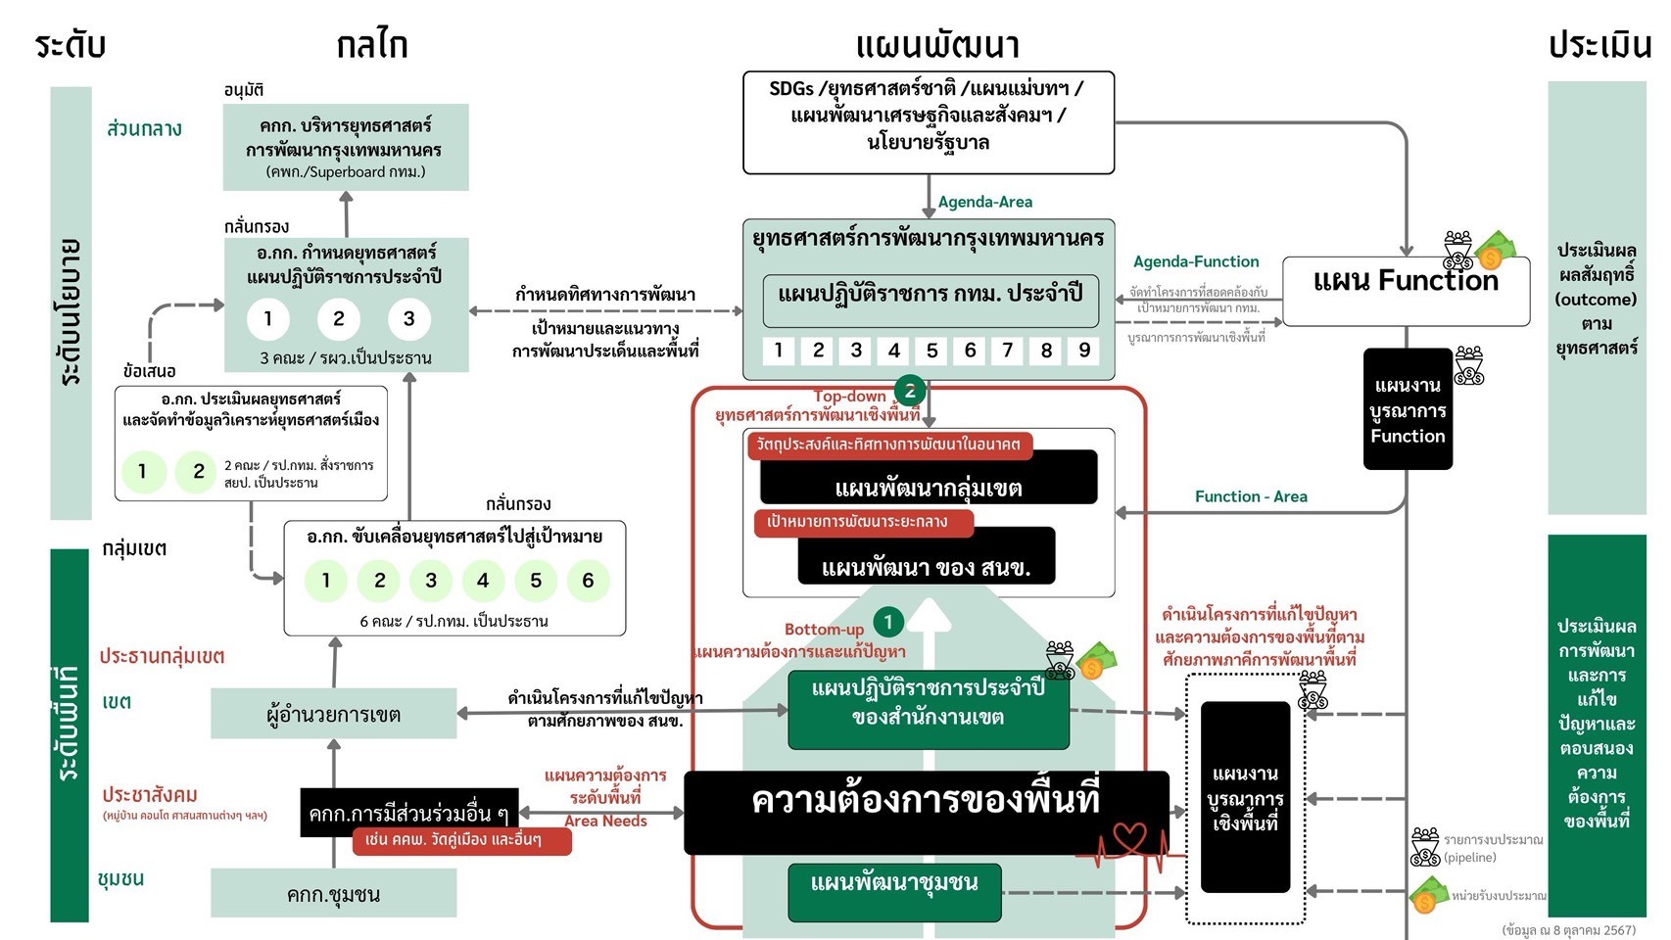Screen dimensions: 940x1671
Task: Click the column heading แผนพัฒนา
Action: coord(937,45)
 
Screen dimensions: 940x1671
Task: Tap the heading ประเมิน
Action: coord(1599,45)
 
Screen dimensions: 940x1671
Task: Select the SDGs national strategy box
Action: coord(929,122)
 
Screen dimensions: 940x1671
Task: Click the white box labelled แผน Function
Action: coord(1406,291)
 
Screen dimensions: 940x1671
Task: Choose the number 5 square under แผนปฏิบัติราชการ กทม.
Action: coord(931,351)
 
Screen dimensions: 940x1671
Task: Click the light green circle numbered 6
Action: coord(588,581)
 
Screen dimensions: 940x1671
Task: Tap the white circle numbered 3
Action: coord(408,318)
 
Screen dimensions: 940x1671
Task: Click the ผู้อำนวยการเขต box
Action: coord(333,714)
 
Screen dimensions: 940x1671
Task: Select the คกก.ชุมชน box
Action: coord(333,894)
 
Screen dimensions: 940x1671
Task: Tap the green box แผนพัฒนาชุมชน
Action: coord(894,891)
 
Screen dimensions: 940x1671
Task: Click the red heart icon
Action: coord(1128,837)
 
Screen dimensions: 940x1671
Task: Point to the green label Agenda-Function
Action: coord(1196,261)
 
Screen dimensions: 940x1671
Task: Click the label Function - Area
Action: coord(1251,496)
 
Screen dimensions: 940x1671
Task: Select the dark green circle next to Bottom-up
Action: coord(888,622)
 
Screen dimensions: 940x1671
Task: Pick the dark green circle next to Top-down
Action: coord(910,391)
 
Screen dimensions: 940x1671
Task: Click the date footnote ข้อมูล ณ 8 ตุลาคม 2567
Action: coord(1568,930)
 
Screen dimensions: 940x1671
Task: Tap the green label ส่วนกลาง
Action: coord(144,128)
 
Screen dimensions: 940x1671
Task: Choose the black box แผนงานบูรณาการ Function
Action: coord(1408,409)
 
